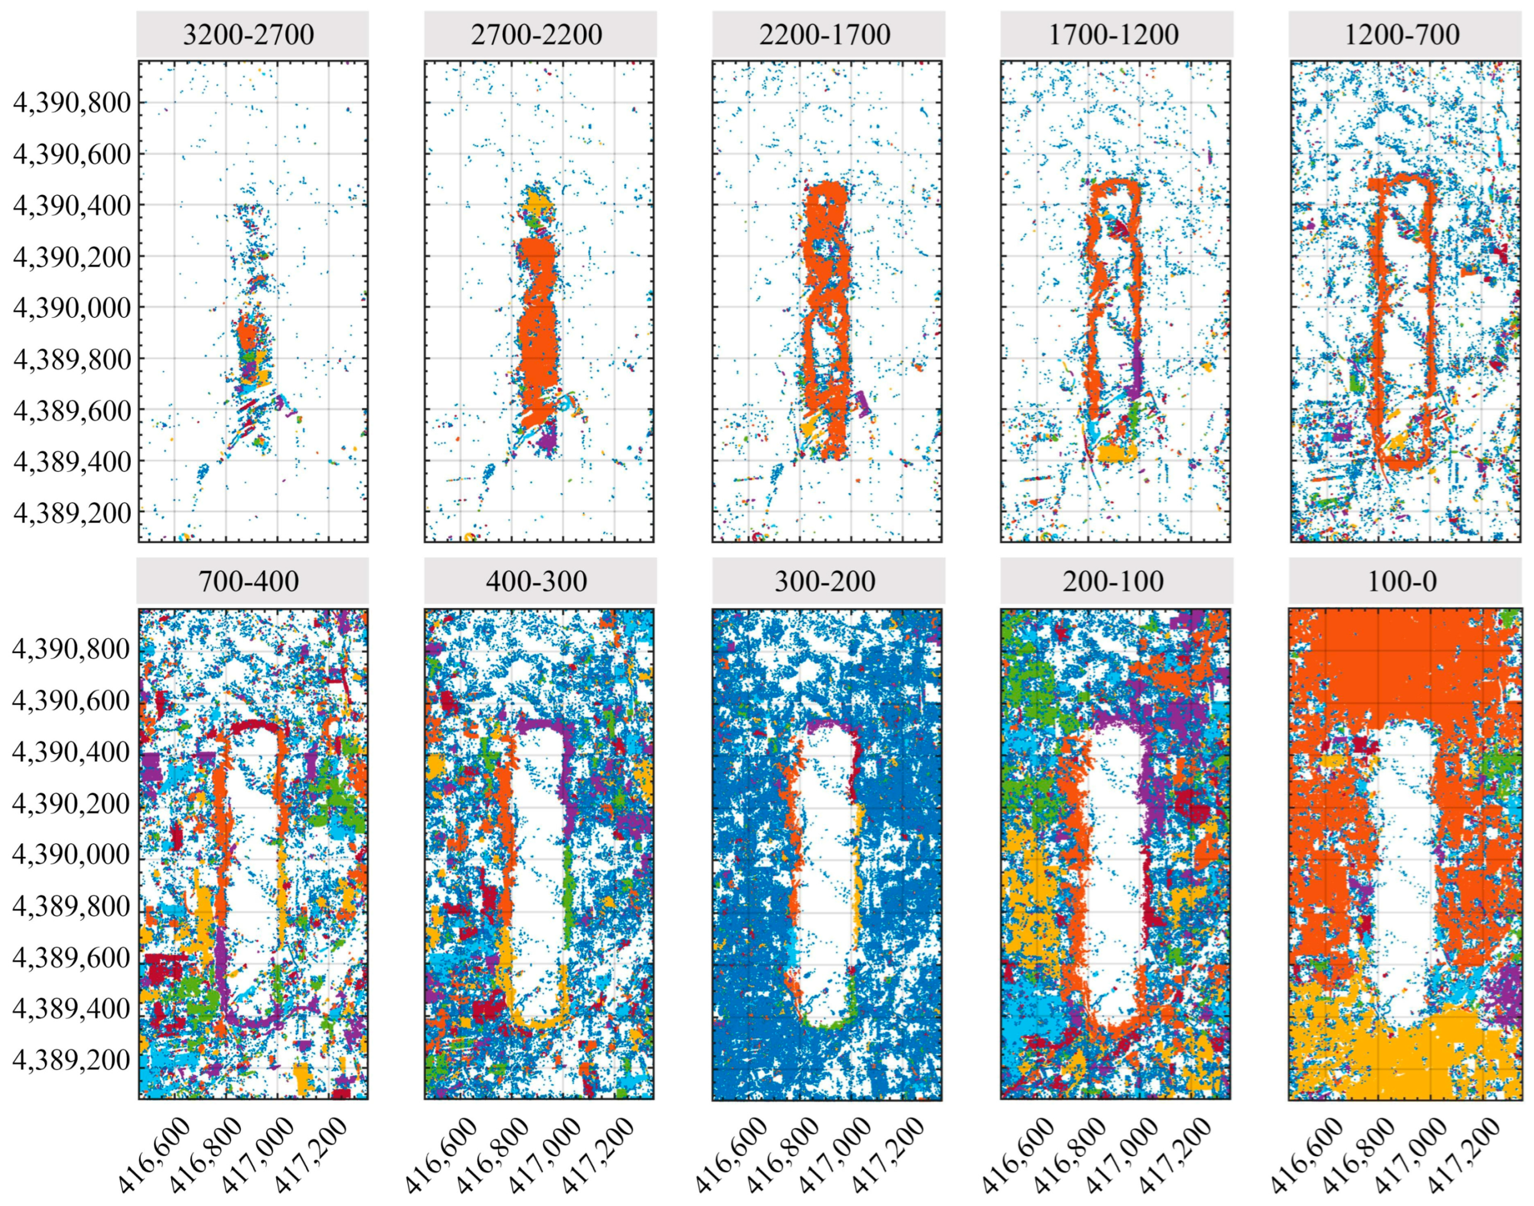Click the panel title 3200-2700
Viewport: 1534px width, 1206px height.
pyautogui.click(x=249, y=34)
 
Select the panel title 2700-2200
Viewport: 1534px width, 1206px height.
pyautogui.click(x=537, y=34)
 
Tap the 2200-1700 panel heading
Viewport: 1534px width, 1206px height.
pyautogui.click(x=825, y=34)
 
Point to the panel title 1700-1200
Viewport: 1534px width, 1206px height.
pyautogui.click(x=1114, y=34)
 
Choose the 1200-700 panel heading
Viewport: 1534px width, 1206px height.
pyautogui.click(x=1402, y=34)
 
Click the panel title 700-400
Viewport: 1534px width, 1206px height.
pyautogui.click(x=249, y=581)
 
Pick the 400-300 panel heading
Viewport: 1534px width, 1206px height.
pyautogui.click(x=537, y=581)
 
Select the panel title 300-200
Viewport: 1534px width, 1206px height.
pyautogui.click(x=825, y=581)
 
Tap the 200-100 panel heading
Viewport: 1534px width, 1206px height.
pyautogui.click(x=1114, y=581)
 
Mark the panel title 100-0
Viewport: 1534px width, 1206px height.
pyautogui.click(x=1402, y=581)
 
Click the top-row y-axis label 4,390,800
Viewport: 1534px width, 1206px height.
pyautogui.click(x=72, y=102)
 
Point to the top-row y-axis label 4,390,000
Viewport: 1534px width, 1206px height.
pyautogui.click(x=72, y=308)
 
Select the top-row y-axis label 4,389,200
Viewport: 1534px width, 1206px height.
pyautogui.click(x=72, y=512)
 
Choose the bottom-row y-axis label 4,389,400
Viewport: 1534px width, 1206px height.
pyautogui.click(x=72, y=1008)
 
